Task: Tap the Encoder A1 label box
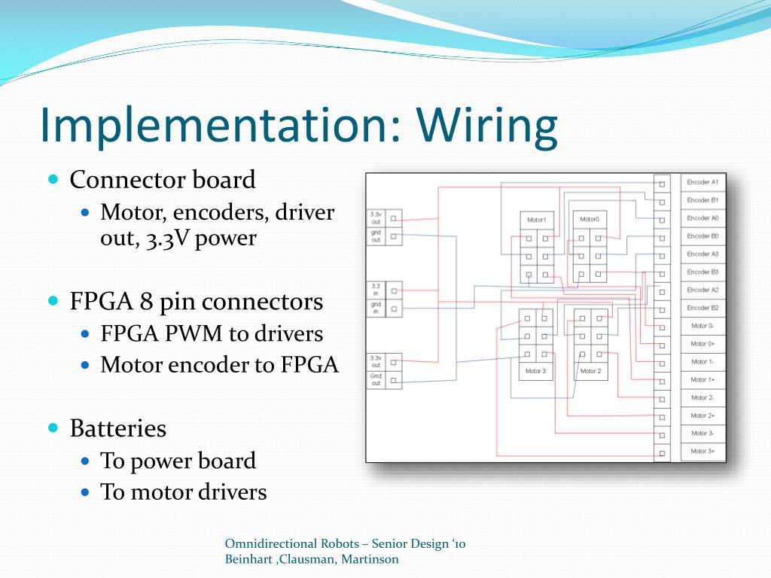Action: [x=703, y=183]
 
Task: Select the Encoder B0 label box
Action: [x=703, y=236]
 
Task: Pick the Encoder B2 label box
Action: [x=703, y=308]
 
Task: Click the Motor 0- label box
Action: [x=703, y=326]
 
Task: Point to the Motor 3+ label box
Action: [x=703, y=452]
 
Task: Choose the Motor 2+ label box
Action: [x=703, y=415]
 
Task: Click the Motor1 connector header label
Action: [x=536, y=220]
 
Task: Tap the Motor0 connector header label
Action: [x=590, y=220]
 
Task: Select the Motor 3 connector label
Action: [x=535, y=371]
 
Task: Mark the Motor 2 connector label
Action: [x=590, y=371]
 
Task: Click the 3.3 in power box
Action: [x=375, y=290]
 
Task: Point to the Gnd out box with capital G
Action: [x=375, y=380]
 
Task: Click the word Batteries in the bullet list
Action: [x=117, y=429]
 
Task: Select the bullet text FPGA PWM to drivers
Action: [x=212, y=333]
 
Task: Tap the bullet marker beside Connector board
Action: [x=53, y=180]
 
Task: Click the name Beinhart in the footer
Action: [x=248, y=559]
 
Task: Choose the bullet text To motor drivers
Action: [x=184, y=492]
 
